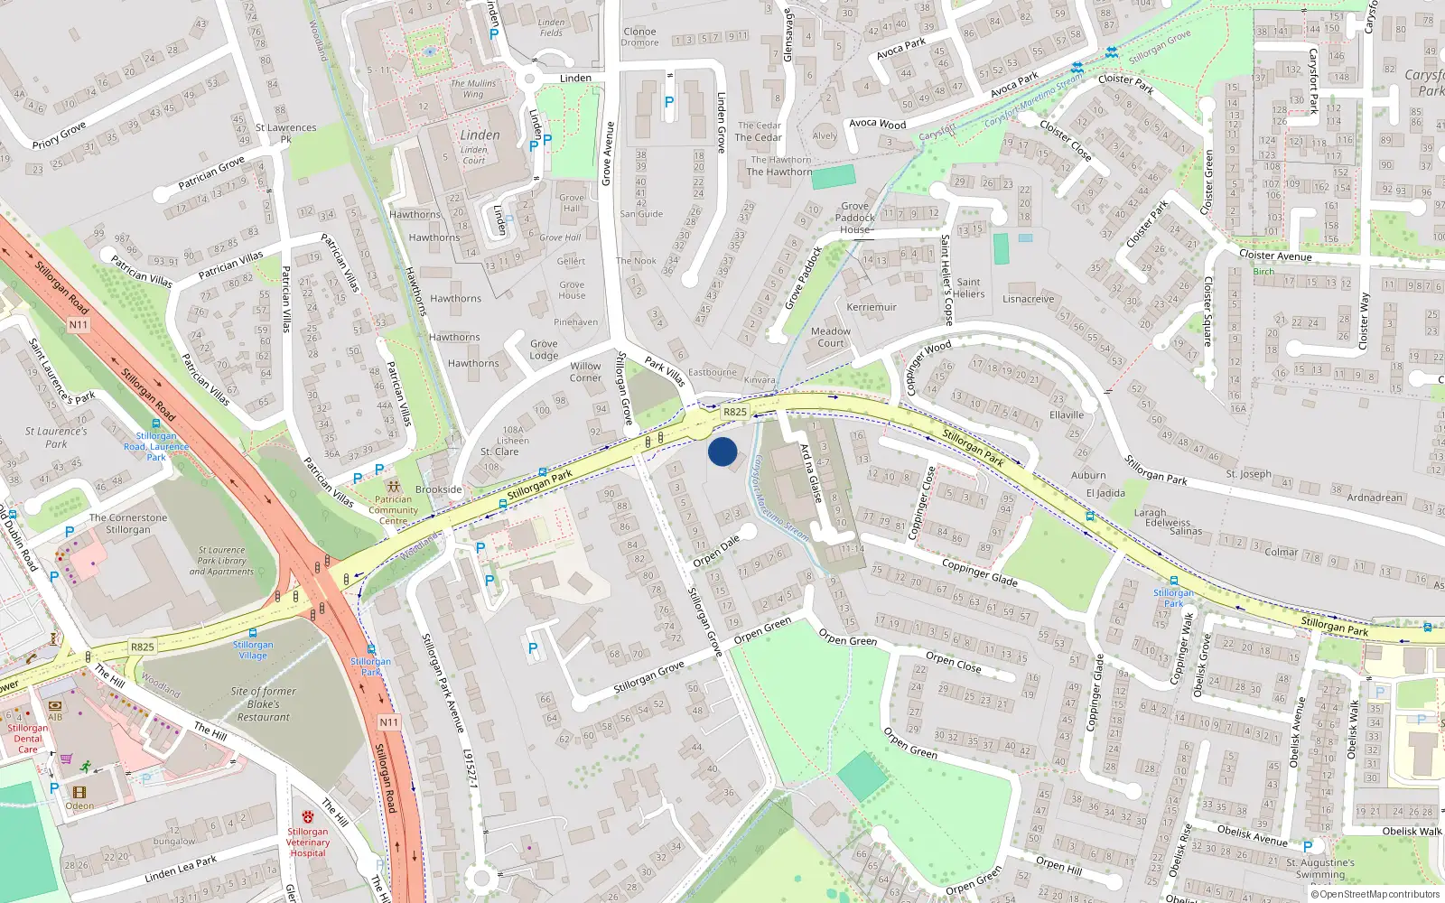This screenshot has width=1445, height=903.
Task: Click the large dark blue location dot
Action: point(722,451)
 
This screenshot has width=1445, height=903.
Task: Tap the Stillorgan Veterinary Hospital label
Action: point(308,842)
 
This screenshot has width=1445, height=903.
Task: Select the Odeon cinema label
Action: point(79,805)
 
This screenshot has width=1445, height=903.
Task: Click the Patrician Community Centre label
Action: point(393,510)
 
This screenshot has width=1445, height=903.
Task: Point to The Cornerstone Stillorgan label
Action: point(128,524)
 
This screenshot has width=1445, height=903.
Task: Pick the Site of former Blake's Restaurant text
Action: point(262,704)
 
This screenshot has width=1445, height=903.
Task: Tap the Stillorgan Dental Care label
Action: point(28,739)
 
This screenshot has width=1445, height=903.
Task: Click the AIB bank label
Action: point(55,717)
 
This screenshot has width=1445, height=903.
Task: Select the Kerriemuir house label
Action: point(872,307)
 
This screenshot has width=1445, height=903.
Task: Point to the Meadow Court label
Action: point(831,337)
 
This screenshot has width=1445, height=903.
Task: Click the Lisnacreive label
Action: point(1028,299)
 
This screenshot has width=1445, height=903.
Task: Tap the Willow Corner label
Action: point(585,372)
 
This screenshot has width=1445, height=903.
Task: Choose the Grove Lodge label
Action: point(544,349)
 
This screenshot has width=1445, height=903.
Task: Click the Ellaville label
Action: point(1067,415)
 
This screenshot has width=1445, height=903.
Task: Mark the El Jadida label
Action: point(1105,493)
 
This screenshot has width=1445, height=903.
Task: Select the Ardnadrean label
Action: point(1375,498)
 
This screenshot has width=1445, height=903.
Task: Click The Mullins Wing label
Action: point(473,88)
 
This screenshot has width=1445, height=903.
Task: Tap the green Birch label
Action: point(1263,272)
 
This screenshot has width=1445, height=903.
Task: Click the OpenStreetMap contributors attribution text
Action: point(1376,894)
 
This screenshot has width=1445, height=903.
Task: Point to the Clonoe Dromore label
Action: point(640,37)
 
